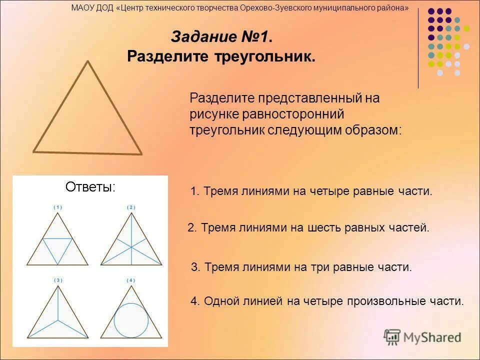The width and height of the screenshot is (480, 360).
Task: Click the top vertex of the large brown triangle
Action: click(88, 61)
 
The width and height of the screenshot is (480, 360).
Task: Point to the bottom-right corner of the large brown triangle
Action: click(141, 153)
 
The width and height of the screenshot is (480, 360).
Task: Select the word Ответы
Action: click(90, 187)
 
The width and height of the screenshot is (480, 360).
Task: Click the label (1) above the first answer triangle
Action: click(58, 207)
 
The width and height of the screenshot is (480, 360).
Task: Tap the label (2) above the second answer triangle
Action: click(131, 207)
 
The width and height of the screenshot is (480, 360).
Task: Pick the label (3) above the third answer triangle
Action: click(58, 280)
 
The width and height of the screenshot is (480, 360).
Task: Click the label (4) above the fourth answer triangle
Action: click(131, 280)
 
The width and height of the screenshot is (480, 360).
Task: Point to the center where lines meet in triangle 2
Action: click(131, 247)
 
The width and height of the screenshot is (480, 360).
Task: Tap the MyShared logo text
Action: click(431, 337)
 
